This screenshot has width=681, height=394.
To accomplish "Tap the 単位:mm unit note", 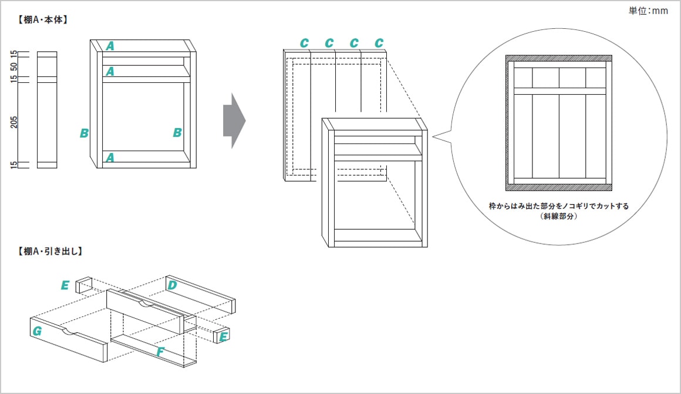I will [x=648, y=11].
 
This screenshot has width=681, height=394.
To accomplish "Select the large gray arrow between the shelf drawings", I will [x=234, y=121].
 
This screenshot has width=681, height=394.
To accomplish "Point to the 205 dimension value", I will [x=14, y=122].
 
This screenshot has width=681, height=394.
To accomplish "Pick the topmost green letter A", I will [x=110, y=45].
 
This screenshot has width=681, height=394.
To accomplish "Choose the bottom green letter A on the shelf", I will [x=110, y=157].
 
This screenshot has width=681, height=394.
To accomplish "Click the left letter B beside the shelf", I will [x=85, y=133].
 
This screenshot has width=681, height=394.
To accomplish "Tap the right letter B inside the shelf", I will [x=177, y=133].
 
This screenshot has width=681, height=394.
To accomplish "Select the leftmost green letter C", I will [x=304, y=43].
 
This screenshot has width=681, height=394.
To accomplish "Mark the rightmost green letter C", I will [x=379, y=43].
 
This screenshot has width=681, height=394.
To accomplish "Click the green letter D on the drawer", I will [x=172, y=285].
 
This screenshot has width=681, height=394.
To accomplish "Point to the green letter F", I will [x=160, y=352].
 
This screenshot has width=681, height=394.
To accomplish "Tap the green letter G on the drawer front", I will [x=37, y=331].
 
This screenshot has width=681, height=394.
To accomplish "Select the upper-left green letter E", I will [x=65, y=286].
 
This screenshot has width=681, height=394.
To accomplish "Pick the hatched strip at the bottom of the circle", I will [x=558, y=188].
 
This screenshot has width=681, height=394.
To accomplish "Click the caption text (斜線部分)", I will [x=558, y=216].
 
